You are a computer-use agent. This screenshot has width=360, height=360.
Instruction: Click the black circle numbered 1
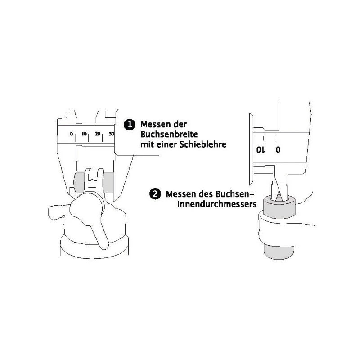pyautogui.click(x=130, y=125)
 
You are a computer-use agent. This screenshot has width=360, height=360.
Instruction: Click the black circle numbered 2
pyautogui.click(x=155, y=194)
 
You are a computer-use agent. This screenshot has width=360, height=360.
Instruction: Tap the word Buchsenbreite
pyautogui.click(x=169, y=134)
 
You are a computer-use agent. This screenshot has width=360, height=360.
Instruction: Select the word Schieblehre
pyautogui.click(x=203, y=144)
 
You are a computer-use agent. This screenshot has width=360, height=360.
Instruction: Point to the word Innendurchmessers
pyautogui.click(x=217, y=204)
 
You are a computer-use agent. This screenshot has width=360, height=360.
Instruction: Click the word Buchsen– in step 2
pyautogui.click(x=233, y=194)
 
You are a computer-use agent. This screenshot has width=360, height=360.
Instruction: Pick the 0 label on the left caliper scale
pyautogui.click(x=72, y=134)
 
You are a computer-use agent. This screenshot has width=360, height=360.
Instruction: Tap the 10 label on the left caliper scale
pyautogui.click(x=84, y=134)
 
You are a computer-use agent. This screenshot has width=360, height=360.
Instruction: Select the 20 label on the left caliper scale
pyautogui.click(x=98, y=134)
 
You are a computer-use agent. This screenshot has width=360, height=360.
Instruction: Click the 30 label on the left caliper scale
pyautogui.click(x=111, y=134)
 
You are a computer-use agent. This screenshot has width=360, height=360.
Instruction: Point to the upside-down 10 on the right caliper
pyautogui.click(x=261, y=150)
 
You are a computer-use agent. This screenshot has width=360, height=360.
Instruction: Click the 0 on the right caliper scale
pyautogui.click(x=278, y=150)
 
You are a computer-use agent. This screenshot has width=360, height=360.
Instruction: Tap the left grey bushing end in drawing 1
pyautogui.click(x=79, y=183)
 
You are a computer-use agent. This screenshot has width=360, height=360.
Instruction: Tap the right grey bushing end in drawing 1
pyautogui.click(x=108, y=183)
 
